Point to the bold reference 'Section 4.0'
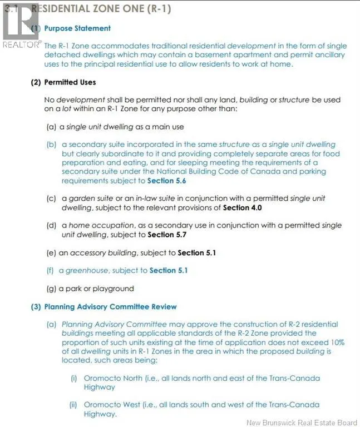(x=242, y=207)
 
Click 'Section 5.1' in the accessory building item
(x=196, y=252)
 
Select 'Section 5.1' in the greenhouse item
(x=169, y=270)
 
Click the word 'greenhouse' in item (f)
(x=85, y=270)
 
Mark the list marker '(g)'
(x=51, y=289)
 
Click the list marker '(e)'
(x=51, y=252)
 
